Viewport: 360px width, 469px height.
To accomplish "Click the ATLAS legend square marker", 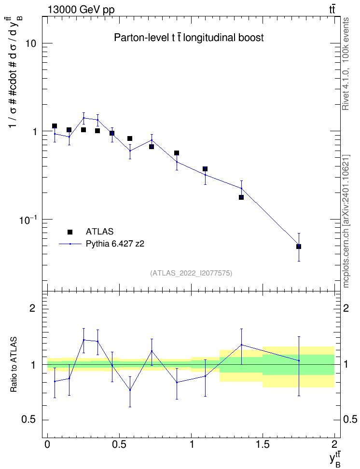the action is (70, 232).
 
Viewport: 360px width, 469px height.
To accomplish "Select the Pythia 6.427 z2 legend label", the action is (115, 244).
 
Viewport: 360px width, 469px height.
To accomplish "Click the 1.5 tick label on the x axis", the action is (263, 443).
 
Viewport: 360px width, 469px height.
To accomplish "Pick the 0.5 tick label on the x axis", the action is (119, 443).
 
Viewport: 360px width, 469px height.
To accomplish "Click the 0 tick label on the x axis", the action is (47, 443).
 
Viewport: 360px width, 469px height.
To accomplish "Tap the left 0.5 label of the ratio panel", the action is (29, 420).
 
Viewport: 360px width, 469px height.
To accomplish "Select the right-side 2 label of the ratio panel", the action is (346, 308).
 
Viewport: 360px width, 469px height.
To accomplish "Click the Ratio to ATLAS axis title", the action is (14, 364).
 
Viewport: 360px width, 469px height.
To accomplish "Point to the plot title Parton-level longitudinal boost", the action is (189, 38).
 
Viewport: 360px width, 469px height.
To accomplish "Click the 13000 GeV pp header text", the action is (81, 10).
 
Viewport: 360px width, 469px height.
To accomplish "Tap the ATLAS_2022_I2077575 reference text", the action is (191, 273).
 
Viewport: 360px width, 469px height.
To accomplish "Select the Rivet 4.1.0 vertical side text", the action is (346, 64).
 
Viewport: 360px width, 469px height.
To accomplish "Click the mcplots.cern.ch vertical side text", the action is (346, 221).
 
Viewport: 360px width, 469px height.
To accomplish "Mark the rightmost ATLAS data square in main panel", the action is (299, 247).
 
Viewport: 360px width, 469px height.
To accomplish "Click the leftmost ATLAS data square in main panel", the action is (55, 126).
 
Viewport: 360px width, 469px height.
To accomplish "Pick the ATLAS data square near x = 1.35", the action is (241, 197).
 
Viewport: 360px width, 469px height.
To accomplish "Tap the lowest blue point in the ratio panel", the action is (130, 390).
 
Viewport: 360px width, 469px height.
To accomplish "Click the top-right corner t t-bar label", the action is (332, 9).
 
